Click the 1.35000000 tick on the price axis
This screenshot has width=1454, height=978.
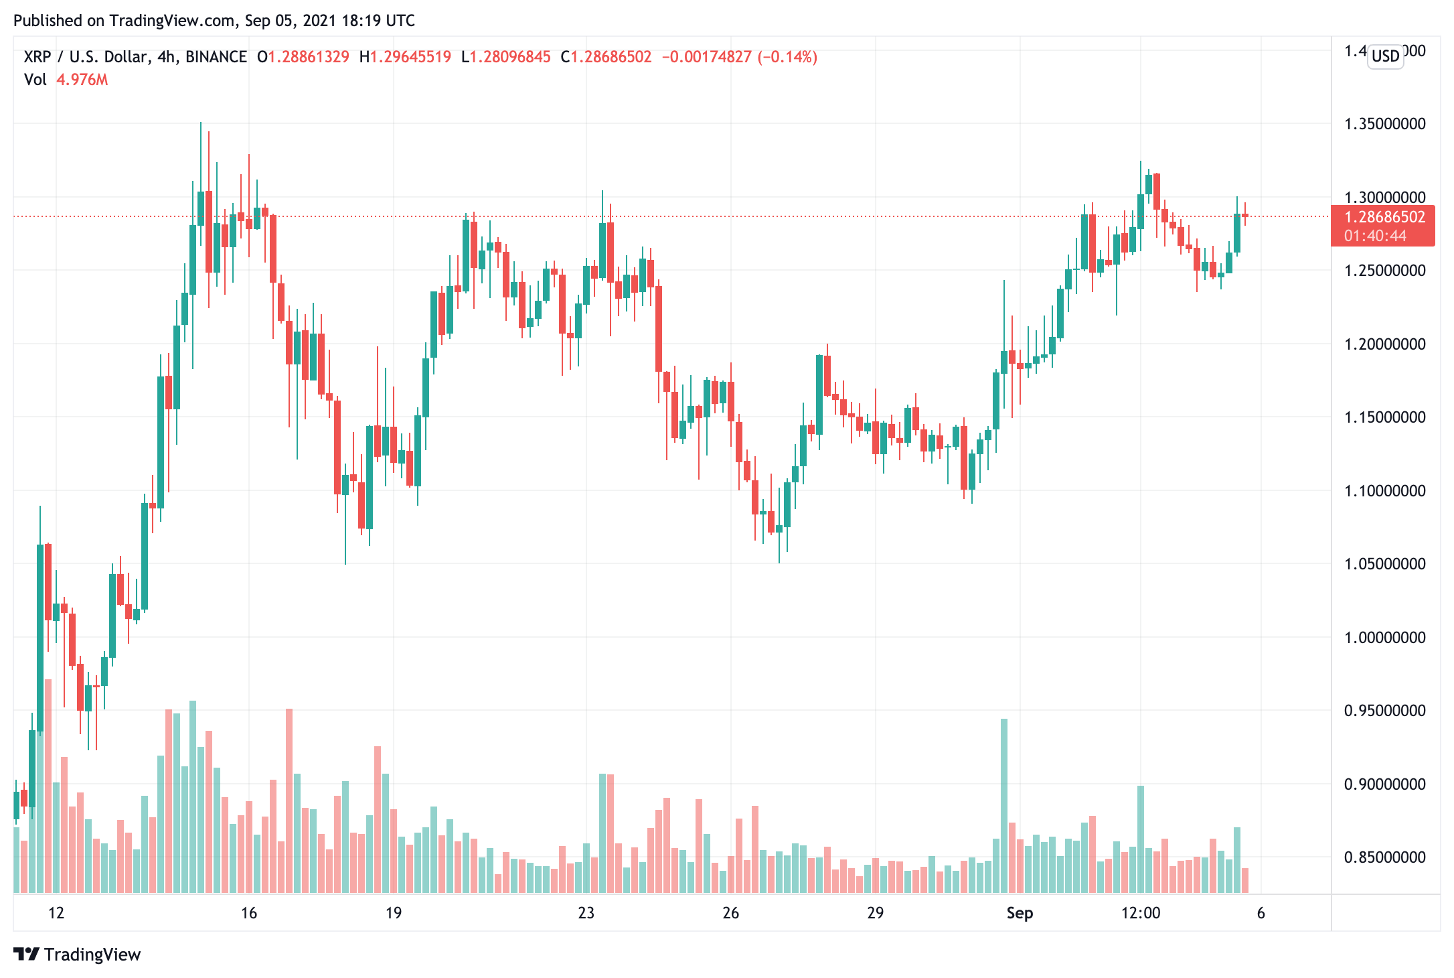click(1384, 124)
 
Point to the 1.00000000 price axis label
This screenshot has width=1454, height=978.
click(1384, 637)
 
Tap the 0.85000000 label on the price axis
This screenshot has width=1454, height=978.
click(1384, 857)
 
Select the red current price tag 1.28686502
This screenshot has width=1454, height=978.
click(1384, 217)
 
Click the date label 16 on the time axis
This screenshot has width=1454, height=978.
click(248, 913)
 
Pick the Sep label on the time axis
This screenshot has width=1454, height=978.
click(1020, 913)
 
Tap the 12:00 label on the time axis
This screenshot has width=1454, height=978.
click(1140, 913)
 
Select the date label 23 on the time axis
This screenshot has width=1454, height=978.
click(586, 913)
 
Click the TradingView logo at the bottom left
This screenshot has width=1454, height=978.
click(77, 955)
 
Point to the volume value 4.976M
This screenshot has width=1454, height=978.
click(82, 80)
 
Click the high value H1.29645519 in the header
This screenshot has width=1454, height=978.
click(405, 57)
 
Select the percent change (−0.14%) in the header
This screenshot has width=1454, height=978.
click(787, 57)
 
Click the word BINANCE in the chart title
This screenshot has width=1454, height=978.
click(216, 57)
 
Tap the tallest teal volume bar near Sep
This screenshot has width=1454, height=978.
click(1003, 804)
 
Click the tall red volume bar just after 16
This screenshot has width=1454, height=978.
click(289, 800)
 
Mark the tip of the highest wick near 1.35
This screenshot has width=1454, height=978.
click(200, 123)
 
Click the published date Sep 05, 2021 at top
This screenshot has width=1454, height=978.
click(289, 21)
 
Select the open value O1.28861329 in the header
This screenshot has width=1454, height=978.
click(303, 57)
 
